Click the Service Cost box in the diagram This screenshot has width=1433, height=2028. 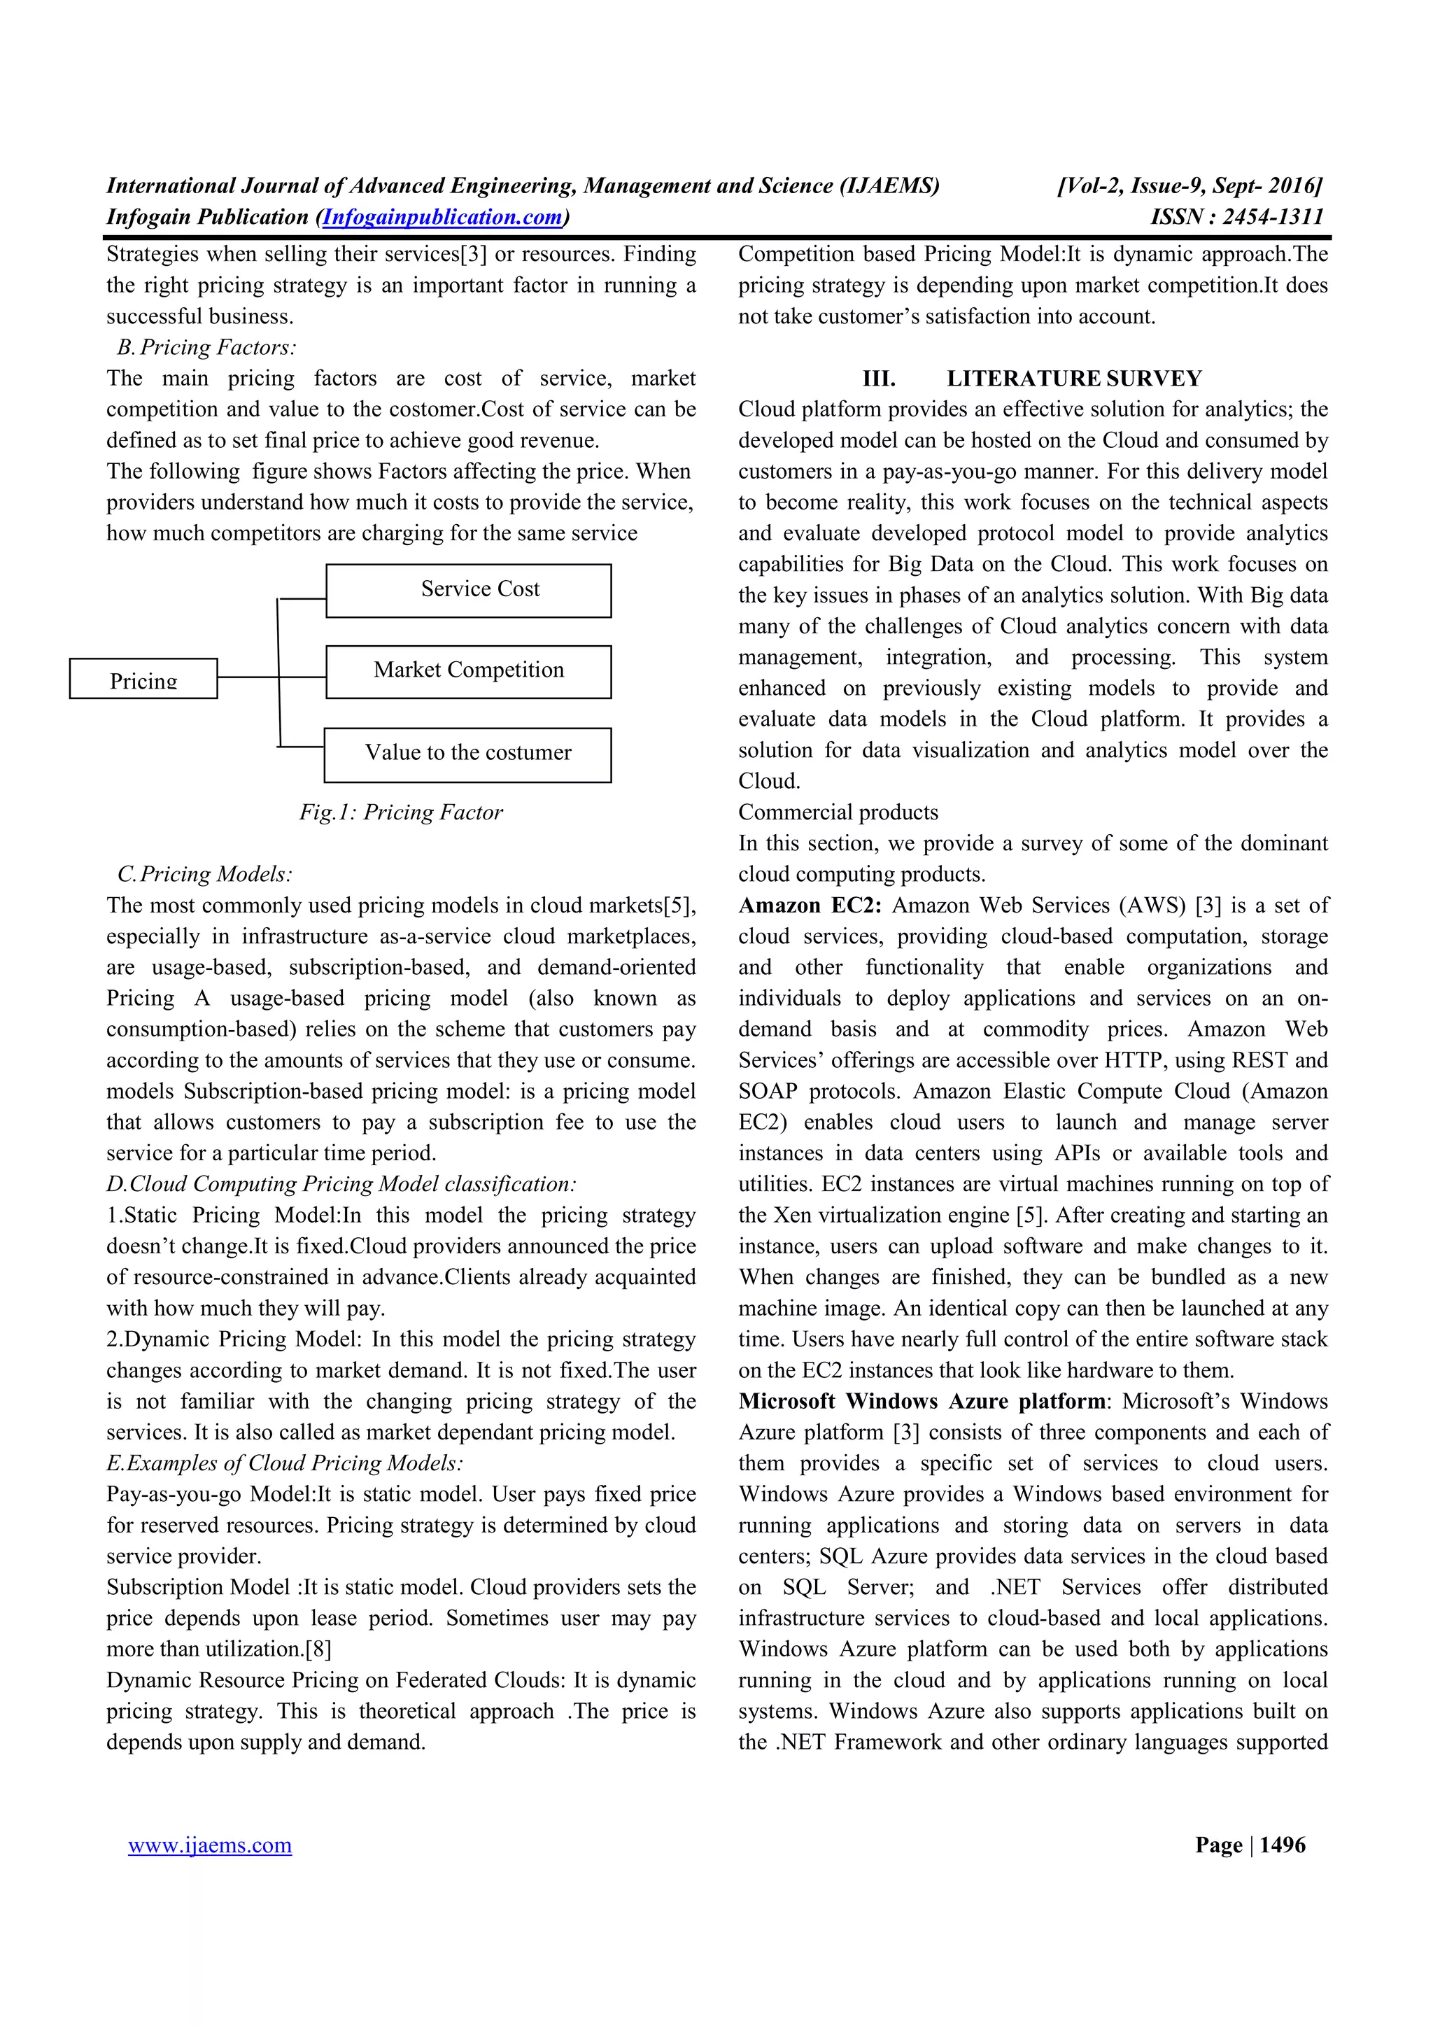click(468, 590)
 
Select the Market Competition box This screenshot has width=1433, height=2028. click(468, 671)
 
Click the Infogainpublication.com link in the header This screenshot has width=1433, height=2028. click(442, 216)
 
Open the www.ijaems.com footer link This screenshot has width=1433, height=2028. click(209, 1846)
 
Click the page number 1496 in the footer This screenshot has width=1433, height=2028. click(1282, 1846)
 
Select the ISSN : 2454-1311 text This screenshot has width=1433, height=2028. click(1236, 216)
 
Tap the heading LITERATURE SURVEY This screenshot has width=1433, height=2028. click(1073, 379)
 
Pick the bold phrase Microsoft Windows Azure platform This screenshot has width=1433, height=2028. click(922, 1402)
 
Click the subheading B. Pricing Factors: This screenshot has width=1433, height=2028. click(206, 348)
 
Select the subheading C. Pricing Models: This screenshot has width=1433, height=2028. click(205, 875)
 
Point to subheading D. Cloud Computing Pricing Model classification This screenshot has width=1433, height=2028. click(341, 1185)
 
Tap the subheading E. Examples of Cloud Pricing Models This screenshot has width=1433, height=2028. click(284, 1463)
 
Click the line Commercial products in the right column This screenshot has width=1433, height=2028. click(838, 812)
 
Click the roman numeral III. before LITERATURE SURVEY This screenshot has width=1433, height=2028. click(879, 379)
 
